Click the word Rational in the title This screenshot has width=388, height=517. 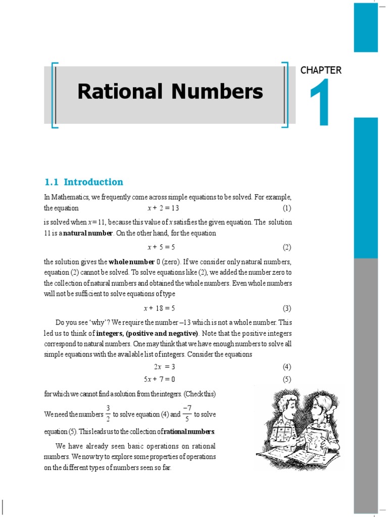[x=120, y=91]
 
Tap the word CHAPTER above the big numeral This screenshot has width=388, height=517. [x=321, y=70]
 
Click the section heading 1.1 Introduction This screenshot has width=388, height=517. [x=84, y=182]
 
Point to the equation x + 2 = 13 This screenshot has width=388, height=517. [x=163, y=208]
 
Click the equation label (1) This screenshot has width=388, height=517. [x=287, y=208]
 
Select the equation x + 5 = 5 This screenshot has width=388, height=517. [x=161, y=247]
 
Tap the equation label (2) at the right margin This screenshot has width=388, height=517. [x=287, y=247]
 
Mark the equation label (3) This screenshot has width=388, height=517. [x=287, y=308]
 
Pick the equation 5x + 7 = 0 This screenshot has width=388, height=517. [x=160, y=379]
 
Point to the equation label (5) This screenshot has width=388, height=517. [x=287, y=379]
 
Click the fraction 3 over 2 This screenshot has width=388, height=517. [x=108, y=413]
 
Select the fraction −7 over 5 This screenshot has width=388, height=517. [x=187, y=413]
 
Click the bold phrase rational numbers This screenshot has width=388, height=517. [x=187, y=432]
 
